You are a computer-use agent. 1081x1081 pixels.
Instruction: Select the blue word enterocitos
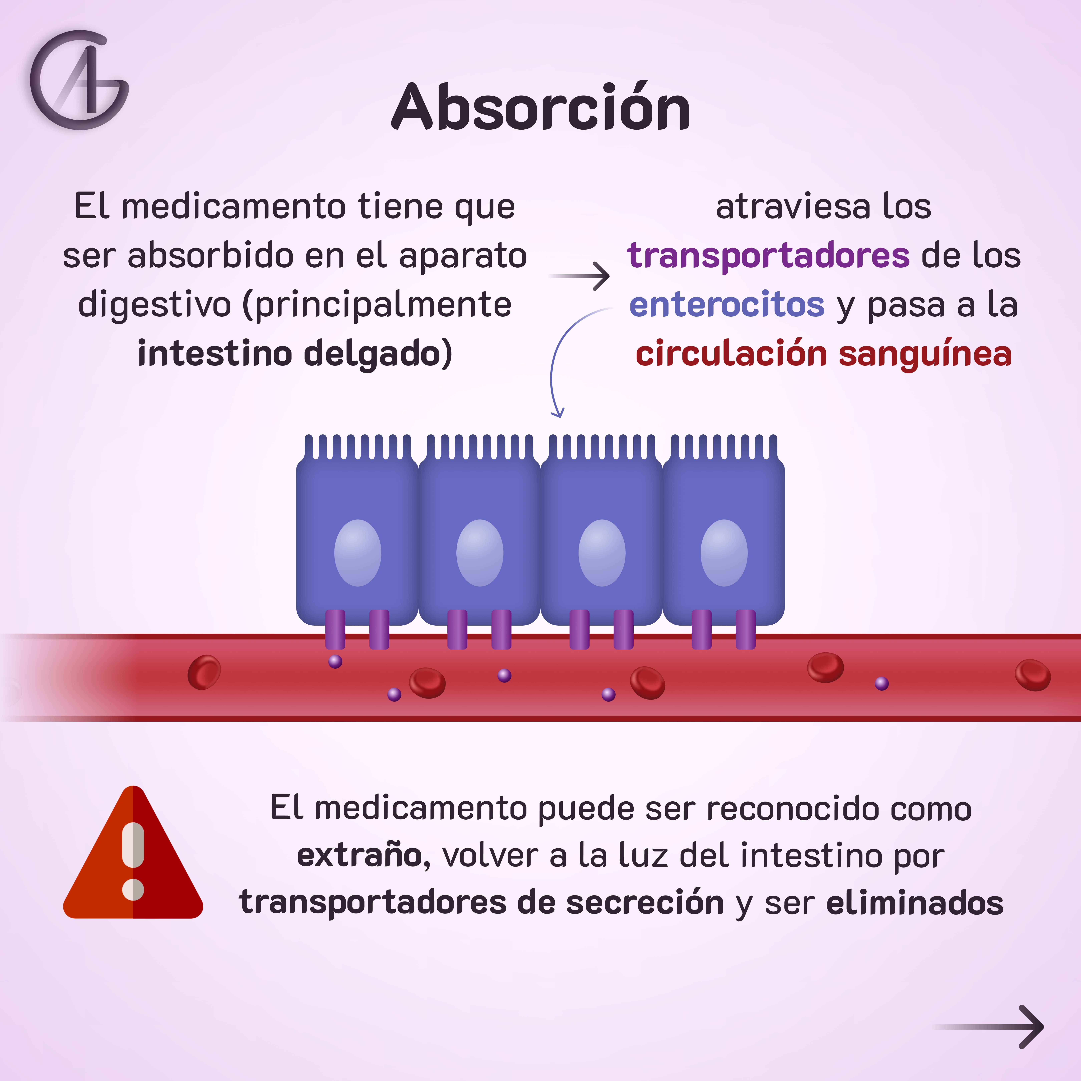point(727,305)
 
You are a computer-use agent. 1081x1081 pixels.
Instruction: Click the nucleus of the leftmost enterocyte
point(357,553)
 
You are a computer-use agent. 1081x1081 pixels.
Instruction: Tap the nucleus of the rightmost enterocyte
point(724,553)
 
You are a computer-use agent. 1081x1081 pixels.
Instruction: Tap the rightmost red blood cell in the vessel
point(1032,675)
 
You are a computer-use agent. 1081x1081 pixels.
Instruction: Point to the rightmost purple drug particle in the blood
point(882,683)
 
